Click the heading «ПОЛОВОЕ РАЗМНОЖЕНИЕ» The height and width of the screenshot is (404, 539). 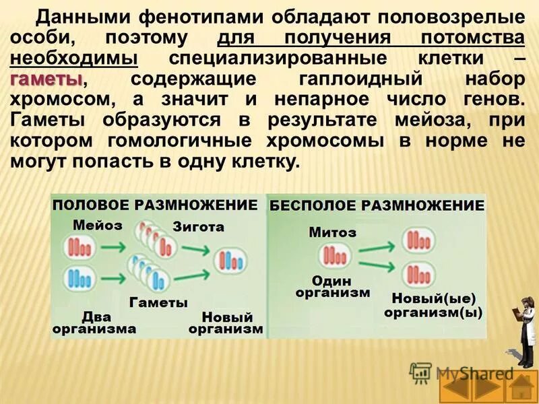[156, 205]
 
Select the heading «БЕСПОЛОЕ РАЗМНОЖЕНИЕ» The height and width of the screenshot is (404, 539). [377, 205]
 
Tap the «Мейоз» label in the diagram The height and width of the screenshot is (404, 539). [98, 226]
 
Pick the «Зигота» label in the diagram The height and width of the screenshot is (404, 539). [198, 227]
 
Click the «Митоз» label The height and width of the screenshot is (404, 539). [333, 232]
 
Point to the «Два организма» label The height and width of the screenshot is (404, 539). [96, 323]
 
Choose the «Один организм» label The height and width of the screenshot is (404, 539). [332, 286]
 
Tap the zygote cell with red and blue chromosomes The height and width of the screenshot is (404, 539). [230, 261]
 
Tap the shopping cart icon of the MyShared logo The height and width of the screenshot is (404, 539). [421, 372]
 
